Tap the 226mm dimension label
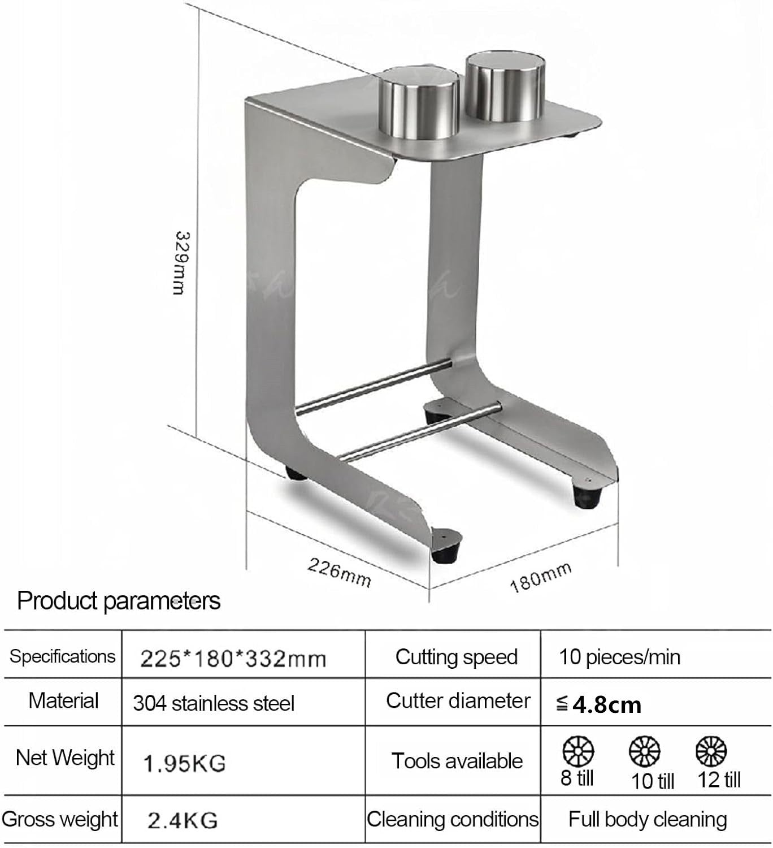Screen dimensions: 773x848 pyautogui.click(x=340, y=572)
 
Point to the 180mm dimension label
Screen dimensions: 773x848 pyautogui.click(x=541, y=577)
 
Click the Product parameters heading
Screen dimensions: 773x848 pyautogui.click(x=119, y=601)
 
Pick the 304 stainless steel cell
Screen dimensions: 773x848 pyautogui.click(x=214, y=703)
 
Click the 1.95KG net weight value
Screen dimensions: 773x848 pyautogui.click(x=184, y=763)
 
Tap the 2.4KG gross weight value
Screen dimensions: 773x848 pyautogui.click(x=183, y=820)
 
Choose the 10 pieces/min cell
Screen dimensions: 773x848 pyautogui.click(x=619, y=657)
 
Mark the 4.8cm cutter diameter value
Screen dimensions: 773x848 pyautogui.click(x=606, y=705)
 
